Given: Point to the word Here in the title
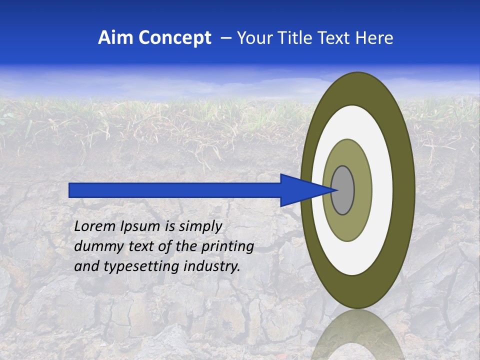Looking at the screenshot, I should [x=374, y=38].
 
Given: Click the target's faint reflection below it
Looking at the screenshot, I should [x=357, y=335].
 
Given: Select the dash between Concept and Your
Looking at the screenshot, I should [x=225, y=38].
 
